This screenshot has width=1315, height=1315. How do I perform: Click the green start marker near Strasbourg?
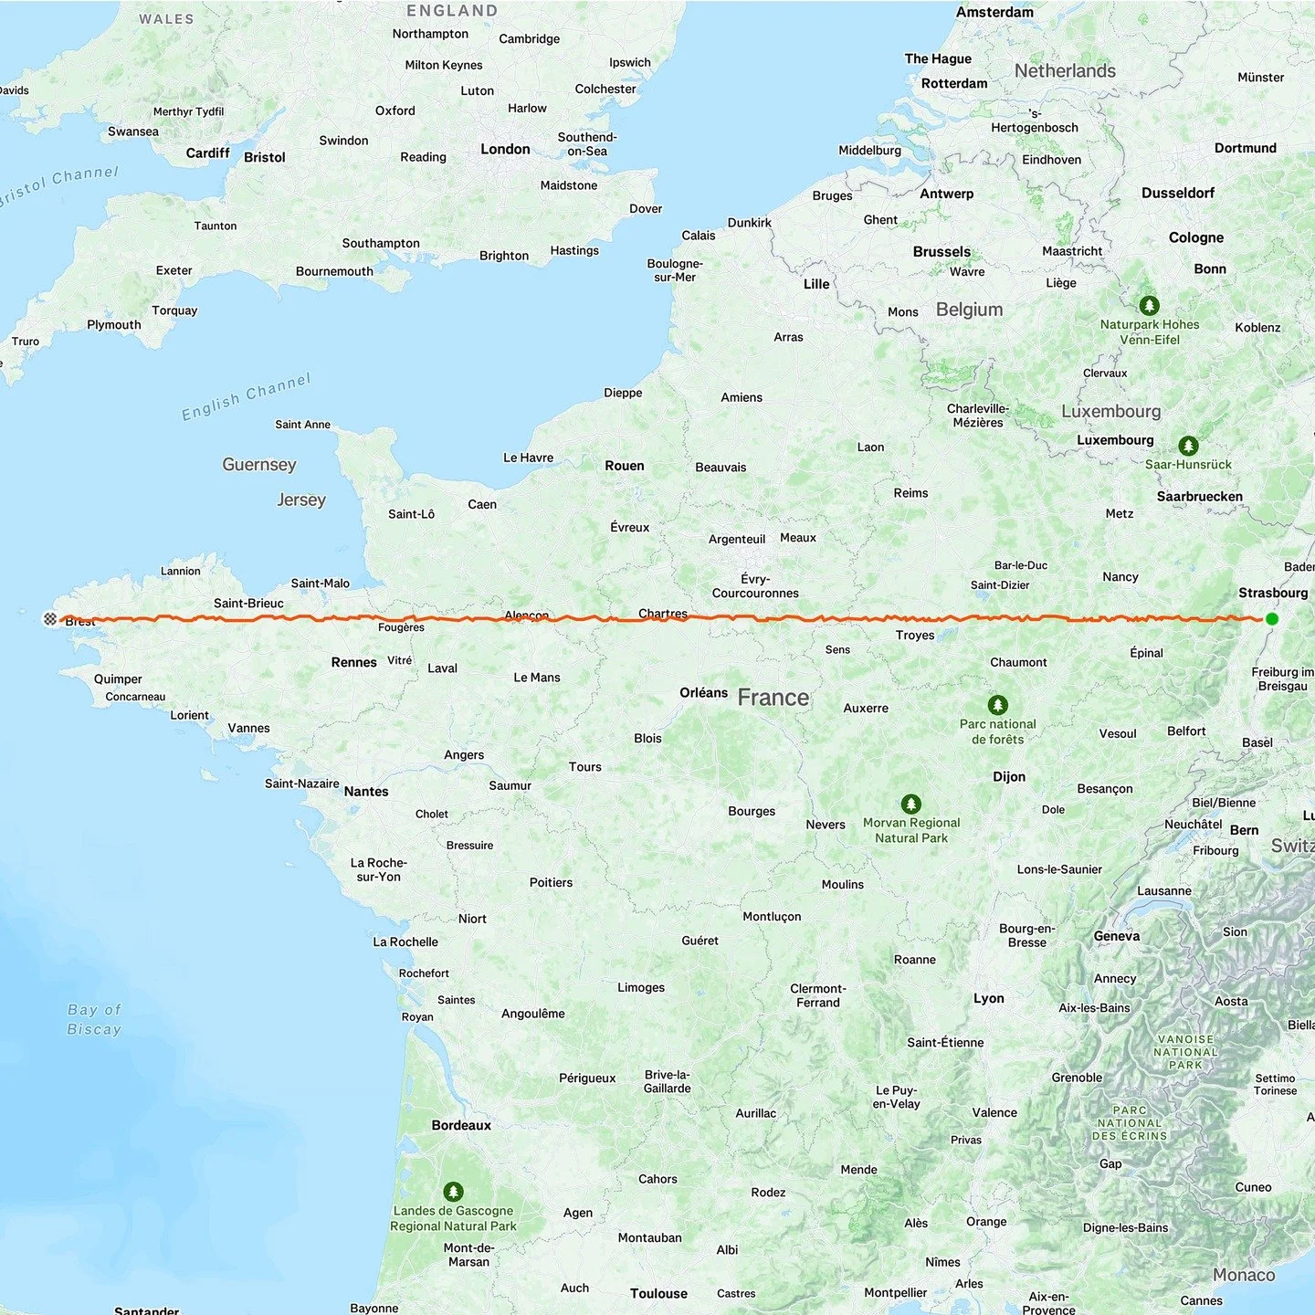[x=1271, y=619]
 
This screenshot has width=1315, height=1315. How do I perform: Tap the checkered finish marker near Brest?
[x=50, y=619]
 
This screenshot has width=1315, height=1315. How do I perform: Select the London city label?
[x=505, y=149]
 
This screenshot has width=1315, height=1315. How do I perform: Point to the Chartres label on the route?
[x=663, y=614]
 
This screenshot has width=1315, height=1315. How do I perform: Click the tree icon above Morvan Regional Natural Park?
[x=910, y=804]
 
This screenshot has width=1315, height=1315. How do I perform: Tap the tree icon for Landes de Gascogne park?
[x=453, y=1192]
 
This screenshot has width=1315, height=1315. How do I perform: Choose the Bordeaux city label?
[x=461, y=1125]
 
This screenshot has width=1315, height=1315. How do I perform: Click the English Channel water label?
[x=247, y=397]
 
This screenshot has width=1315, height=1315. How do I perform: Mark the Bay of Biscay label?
[x=94, y=1019]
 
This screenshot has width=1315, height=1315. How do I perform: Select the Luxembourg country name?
[x=1110, y=411]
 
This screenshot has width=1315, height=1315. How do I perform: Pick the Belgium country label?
[x=969, y=310]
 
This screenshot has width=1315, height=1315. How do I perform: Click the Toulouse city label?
[x=658, y=1293]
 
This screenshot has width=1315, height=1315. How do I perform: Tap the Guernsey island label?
[x=259, y=464]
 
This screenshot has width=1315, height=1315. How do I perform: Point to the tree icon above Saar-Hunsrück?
[x=1188, y=446]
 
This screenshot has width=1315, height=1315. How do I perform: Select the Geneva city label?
[x=1116, y=936]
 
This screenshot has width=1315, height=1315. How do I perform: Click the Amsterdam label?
[x=994, y=12]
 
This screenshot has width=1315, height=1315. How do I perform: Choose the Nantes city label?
[x=366, y=792]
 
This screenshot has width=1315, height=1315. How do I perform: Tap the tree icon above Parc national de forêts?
[x=998, y=705]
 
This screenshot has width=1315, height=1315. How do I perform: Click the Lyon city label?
[x=988, y=998]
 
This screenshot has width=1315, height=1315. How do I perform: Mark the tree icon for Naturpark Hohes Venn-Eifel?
[x=1149, y=305]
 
